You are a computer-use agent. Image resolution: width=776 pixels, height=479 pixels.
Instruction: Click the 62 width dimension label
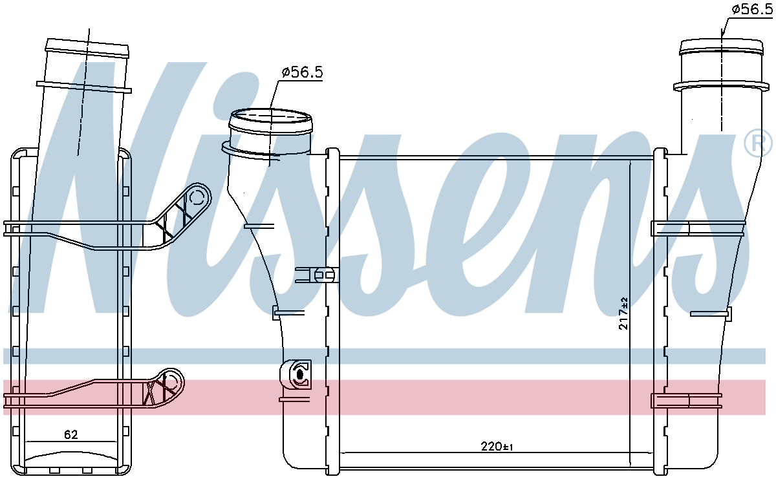coord(71,434)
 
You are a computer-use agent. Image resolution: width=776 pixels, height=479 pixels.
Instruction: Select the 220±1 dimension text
coord(497,447)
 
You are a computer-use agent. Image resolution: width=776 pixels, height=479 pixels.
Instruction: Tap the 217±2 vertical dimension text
coord(623,314)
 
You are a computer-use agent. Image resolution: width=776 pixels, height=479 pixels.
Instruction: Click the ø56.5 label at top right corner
coord(751,9)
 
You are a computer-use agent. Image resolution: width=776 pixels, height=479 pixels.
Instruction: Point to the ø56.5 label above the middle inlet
coord(302,72)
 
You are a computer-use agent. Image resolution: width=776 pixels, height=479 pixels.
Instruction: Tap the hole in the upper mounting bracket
coord(197,198)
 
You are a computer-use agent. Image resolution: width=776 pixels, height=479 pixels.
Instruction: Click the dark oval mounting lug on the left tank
coord(299,374)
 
